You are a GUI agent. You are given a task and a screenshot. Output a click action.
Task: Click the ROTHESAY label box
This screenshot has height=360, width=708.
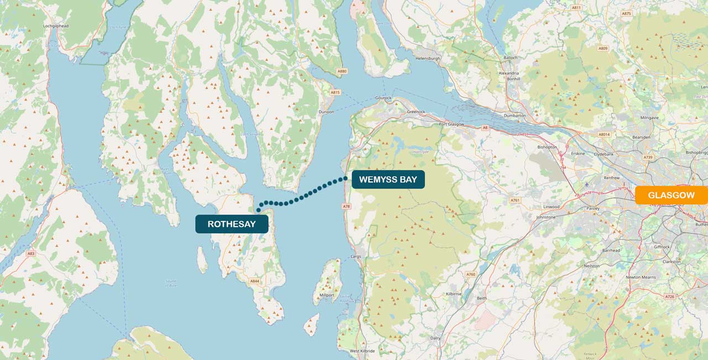232,224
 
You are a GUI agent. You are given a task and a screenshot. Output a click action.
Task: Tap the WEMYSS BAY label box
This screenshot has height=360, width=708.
388,179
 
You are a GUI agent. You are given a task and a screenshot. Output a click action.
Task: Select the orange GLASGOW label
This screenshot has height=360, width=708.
671,195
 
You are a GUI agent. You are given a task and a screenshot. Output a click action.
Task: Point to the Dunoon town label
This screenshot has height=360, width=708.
326,112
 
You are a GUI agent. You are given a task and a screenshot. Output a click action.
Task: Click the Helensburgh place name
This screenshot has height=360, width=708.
428,58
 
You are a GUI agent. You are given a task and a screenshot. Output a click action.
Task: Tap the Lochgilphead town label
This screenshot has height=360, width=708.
56,25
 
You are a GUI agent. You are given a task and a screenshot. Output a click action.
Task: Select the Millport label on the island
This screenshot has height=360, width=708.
327,296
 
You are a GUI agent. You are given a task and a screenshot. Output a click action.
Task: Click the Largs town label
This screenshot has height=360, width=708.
356,257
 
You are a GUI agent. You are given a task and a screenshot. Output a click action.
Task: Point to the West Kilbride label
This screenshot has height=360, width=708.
362,351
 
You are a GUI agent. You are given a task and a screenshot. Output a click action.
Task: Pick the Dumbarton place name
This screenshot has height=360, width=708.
515,116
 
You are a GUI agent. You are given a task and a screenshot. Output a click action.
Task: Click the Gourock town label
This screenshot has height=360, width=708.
383,98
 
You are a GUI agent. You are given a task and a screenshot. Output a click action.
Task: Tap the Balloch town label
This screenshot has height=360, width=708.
510,58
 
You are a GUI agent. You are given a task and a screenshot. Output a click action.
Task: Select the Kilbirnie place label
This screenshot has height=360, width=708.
455,294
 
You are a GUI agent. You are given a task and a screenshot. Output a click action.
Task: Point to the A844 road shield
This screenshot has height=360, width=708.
254,281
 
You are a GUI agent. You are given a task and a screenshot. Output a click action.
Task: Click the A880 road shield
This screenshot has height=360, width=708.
342,71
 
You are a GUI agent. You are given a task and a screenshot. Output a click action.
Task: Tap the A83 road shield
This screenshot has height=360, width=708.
30,253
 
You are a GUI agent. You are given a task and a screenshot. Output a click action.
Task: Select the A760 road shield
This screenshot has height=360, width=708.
471,274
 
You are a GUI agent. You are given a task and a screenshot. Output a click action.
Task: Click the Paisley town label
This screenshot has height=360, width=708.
592,209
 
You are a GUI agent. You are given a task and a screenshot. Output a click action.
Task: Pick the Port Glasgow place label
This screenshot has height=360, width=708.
450,124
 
